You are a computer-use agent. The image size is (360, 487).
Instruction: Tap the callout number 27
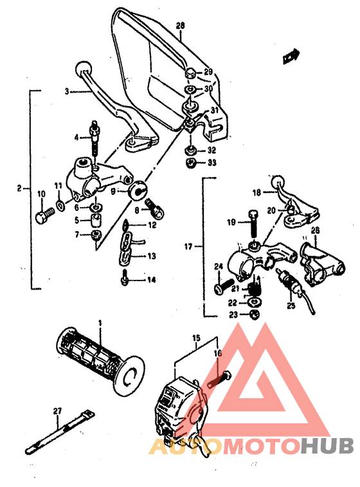[x=57, y=411]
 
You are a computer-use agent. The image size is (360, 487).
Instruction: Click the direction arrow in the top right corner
[x=293, y=56]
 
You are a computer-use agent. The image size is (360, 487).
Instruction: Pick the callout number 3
[x=66, y=92]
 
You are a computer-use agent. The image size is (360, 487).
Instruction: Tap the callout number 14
[x=152, y=280]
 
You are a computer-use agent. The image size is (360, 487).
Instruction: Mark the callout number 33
[x=212, y=163]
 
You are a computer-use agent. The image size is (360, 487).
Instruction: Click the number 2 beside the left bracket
[x=19, y=188]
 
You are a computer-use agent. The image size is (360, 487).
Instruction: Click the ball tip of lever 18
[x=277, y=181]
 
